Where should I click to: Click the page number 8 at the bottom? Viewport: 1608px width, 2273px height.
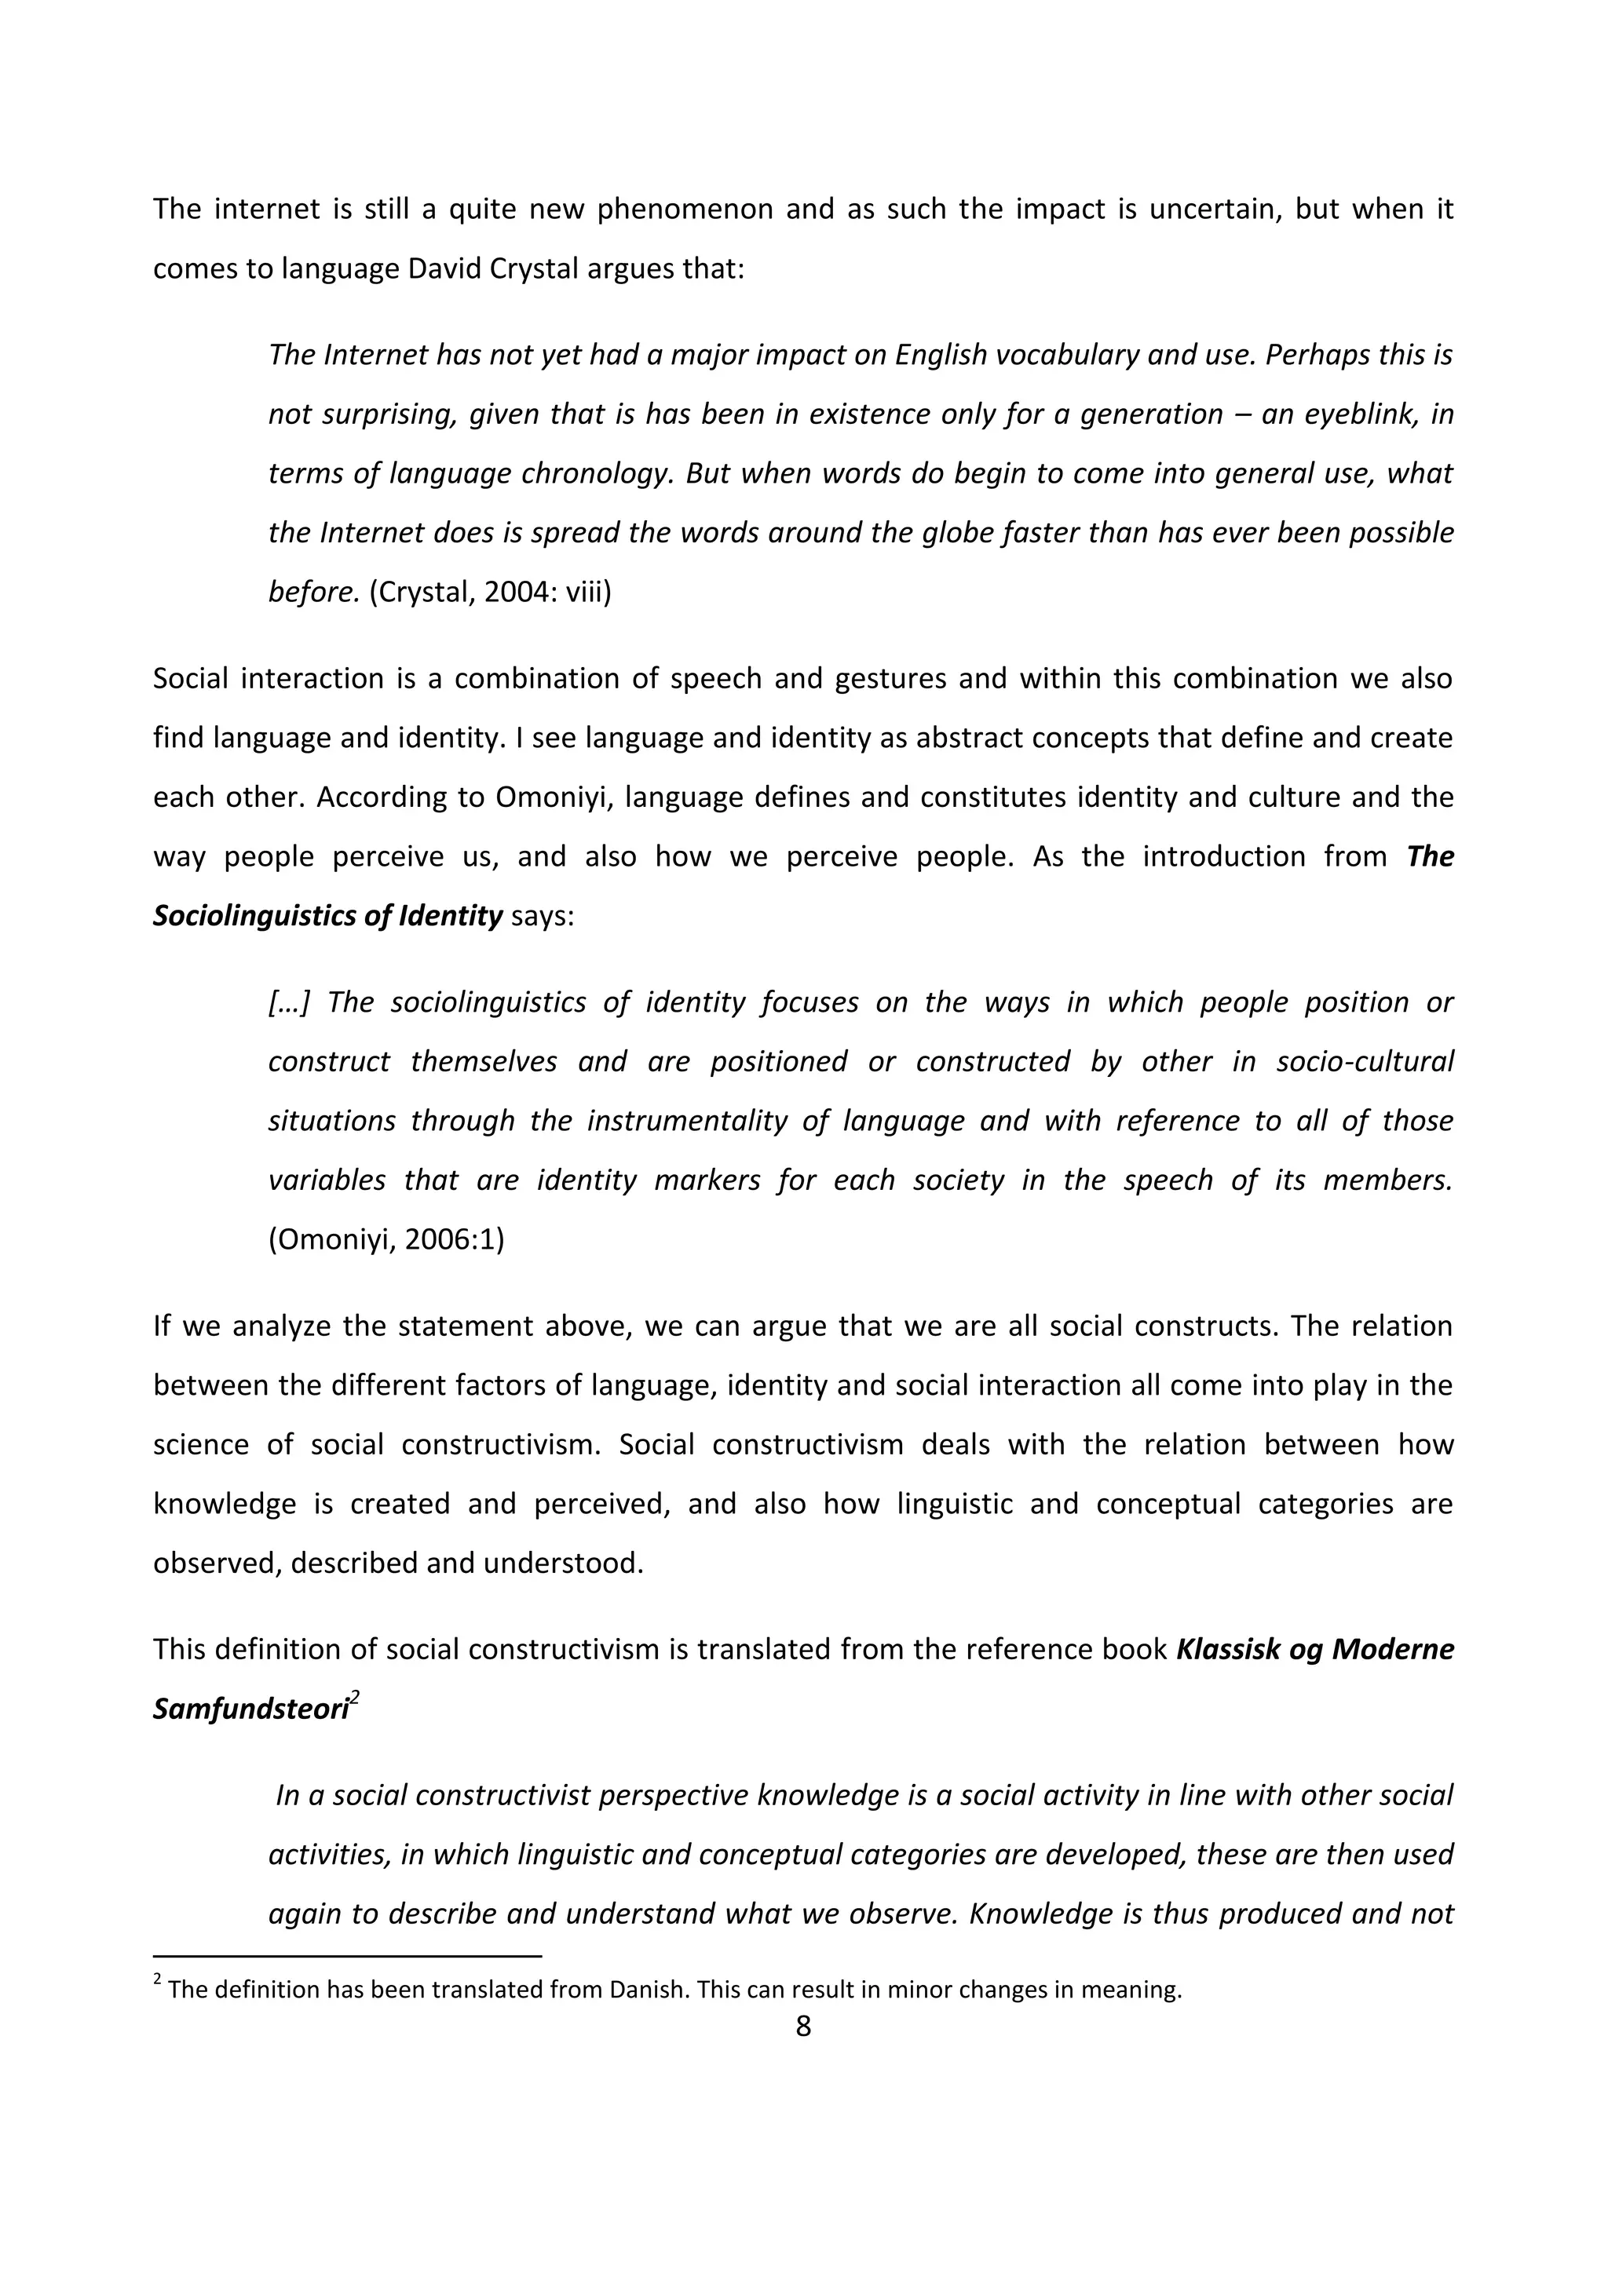[803, 2026]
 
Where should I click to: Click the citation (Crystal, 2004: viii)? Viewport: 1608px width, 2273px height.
[490, 592]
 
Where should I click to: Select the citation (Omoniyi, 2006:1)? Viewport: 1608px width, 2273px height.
[386, 1239]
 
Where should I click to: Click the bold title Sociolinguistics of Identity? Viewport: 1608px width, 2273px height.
[327, 914]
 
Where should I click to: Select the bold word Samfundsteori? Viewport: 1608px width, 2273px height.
[250, 1709]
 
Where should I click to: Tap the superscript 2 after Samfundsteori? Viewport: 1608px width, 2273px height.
[354, 1698]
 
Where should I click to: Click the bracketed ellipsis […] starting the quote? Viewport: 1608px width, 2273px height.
[289, 1002]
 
